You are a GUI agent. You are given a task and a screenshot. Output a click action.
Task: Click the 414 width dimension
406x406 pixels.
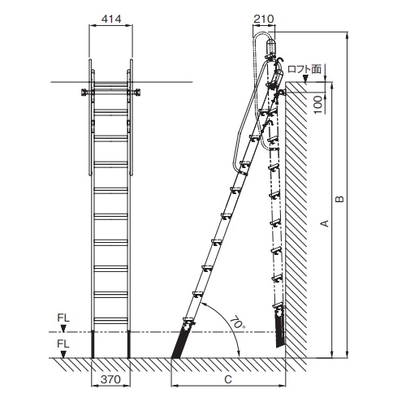(111, 19)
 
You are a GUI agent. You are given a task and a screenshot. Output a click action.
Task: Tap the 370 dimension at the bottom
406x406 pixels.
(110, 379)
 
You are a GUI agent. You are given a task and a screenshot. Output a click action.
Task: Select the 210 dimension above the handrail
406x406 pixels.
(264, 19)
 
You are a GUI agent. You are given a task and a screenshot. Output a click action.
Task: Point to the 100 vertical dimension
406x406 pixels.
(318, 105)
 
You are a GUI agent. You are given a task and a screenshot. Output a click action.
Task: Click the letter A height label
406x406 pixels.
(324, 223)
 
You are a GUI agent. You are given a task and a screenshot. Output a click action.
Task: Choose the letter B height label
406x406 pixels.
(339, 199)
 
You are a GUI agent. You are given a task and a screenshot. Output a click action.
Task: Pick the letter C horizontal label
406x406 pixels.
(228, 379)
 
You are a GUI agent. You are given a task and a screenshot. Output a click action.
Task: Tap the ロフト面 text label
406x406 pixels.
(304, 69)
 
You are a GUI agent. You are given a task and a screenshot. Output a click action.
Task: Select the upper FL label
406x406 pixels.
(63, 317)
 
